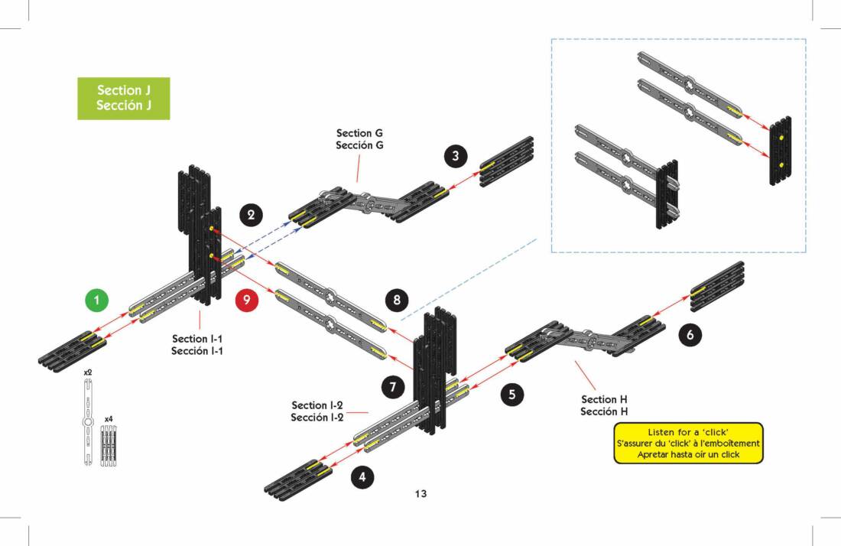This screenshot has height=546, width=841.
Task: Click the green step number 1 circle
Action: click(x=96, y=301)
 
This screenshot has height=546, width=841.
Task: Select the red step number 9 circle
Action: click(x=246, y=301)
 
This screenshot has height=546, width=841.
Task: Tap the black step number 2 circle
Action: click(x=252, y=215)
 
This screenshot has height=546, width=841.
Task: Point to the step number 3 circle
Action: click(x=456, y=157)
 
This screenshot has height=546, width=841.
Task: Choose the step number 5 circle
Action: click(x=511, y=395)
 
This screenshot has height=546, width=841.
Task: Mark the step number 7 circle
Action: click(x=392, y=387)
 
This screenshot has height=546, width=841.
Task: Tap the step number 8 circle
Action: click(x=396, y=300)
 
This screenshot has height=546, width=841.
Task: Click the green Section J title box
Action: click(x=123, y=98)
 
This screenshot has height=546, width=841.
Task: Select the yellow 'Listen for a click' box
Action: click(x=688, y=444)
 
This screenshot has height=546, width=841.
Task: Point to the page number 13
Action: click(x=420, y=493)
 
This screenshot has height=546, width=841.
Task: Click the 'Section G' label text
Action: click(x=359, y=139)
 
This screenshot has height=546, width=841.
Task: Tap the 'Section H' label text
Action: click(x=604, y=405)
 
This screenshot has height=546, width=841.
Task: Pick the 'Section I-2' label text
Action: click(x=317, y=411)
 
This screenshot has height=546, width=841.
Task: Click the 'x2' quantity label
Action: click(x=88, y=372)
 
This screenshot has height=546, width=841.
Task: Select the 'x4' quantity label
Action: click(x=109, y=420)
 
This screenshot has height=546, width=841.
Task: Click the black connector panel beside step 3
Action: click(x=507, y=162)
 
